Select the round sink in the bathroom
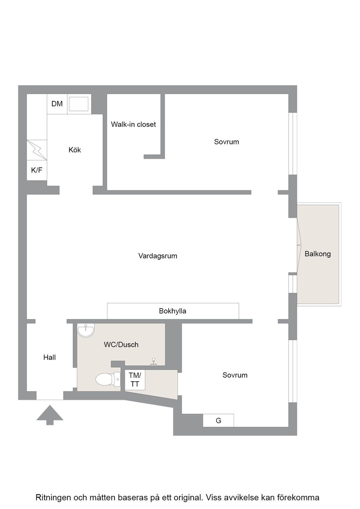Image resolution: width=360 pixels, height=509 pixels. pos(85,330)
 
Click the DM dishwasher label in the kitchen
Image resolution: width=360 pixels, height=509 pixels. pos(57,104)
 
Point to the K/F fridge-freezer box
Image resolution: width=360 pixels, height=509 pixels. pos(37,170)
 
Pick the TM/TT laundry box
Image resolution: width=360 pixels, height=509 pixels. pos(135,380)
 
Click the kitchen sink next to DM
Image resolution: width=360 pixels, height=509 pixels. pos(79,104)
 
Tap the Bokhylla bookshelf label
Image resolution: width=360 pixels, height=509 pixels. pos(173,311)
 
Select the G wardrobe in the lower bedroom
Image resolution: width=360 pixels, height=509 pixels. pos(218,420)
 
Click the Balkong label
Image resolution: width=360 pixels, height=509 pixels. pos(317,254)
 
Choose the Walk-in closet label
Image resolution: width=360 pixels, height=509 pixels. pos(134,125)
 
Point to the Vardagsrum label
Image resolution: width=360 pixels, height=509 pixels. pos(158,256)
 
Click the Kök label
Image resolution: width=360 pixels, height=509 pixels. pos(75,150)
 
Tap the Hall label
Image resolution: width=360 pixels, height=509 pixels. pos(50,357)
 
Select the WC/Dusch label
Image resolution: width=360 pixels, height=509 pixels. pos(121,345)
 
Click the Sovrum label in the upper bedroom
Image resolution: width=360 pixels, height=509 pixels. pos(226,142)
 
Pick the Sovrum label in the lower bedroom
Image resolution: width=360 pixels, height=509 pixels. pos(235,375)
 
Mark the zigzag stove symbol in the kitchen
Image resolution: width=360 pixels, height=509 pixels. pos(37,150)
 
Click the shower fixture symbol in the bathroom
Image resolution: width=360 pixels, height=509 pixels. pos(154,361)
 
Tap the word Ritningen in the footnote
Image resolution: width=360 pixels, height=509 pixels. pos(54,498)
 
